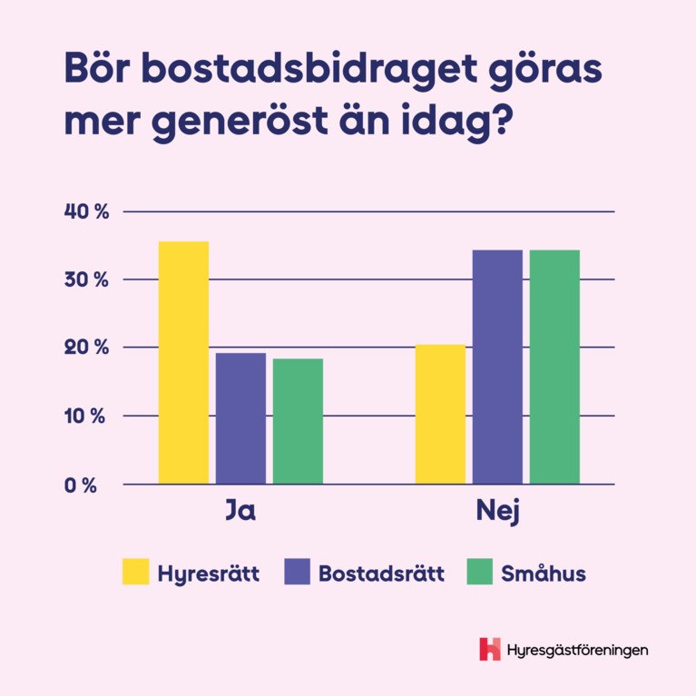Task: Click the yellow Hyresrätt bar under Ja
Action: (183, 362)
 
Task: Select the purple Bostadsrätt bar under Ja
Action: (240, 418)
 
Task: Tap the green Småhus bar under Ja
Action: (298, 421)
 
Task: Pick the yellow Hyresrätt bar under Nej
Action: (440, 414)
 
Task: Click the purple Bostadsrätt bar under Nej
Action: (497, 367)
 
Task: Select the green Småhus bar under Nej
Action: (554, 367)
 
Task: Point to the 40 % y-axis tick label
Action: (86, 211)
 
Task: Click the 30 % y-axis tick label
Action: (86, 279)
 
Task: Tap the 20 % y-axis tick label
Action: (86, 348)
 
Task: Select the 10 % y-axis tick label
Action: (86, 417)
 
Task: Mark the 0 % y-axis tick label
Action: (81, 485)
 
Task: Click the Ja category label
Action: (240, 513)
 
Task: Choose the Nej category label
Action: (497, 513)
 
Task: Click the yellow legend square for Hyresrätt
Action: (135, 573)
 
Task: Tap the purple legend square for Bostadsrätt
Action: (298, 573)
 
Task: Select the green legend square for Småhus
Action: (479, 573)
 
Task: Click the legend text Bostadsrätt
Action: (381, 573)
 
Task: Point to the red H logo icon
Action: (490, 649)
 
